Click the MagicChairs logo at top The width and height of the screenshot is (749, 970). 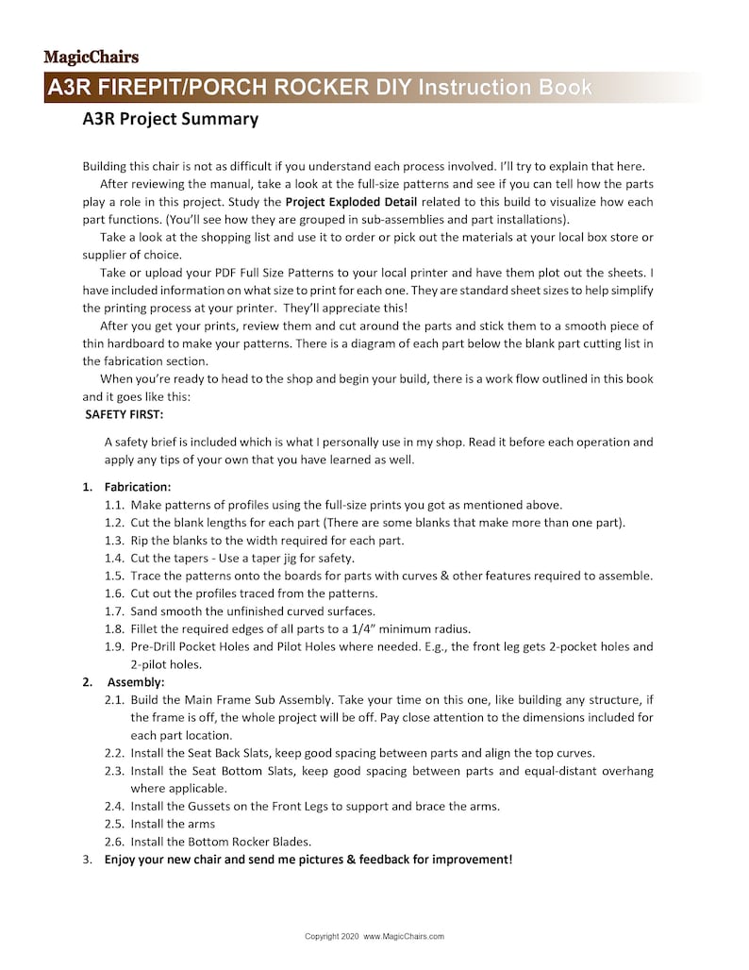pos(91,57)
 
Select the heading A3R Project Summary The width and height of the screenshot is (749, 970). pos(170,119)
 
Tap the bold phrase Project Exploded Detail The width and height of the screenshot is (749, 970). pos(352,202)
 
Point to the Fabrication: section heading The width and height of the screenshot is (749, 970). pos(137,487)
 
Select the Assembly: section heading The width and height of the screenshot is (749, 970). pos(136,681)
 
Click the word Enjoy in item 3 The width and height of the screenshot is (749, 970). pos(123,860)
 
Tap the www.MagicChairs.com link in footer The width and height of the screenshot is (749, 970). pos(404,937)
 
